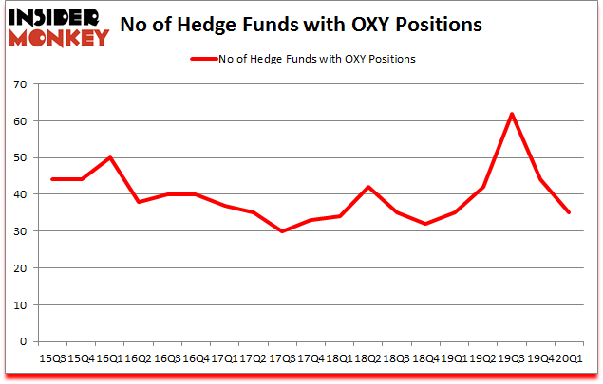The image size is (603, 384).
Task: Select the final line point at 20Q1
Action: point(569,213)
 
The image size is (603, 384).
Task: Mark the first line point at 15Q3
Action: point(52,180)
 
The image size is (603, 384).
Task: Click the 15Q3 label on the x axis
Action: point(52,358)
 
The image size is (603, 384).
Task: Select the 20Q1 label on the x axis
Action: point(569,358)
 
